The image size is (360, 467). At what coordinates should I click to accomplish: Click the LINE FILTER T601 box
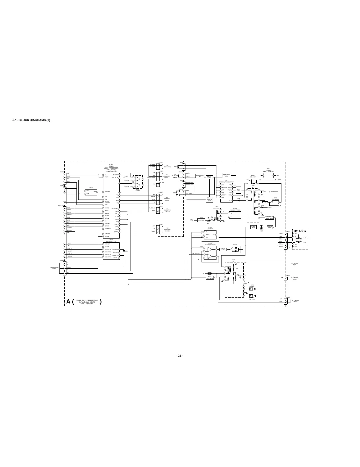(x=200, y=176)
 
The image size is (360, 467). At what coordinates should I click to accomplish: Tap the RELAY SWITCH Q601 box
(x=209, y=200)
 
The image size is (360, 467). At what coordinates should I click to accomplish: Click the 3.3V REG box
(x=201, y=220)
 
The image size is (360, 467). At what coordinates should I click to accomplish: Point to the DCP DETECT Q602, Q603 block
(x=269, y=218)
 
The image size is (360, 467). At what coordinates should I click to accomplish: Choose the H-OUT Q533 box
(x=253, y=227)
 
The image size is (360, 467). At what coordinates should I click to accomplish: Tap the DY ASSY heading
(x=300, y=231)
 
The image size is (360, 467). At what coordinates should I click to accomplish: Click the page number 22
(x=180, y=355)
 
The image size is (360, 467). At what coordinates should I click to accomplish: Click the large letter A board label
(x=69, y=302)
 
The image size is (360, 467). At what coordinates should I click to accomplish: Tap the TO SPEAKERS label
(x=167, y=166)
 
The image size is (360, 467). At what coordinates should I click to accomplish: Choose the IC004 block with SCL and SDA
(x=91, y=192)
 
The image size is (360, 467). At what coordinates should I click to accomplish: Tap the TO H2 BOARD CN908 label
(x=54, y=268)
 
